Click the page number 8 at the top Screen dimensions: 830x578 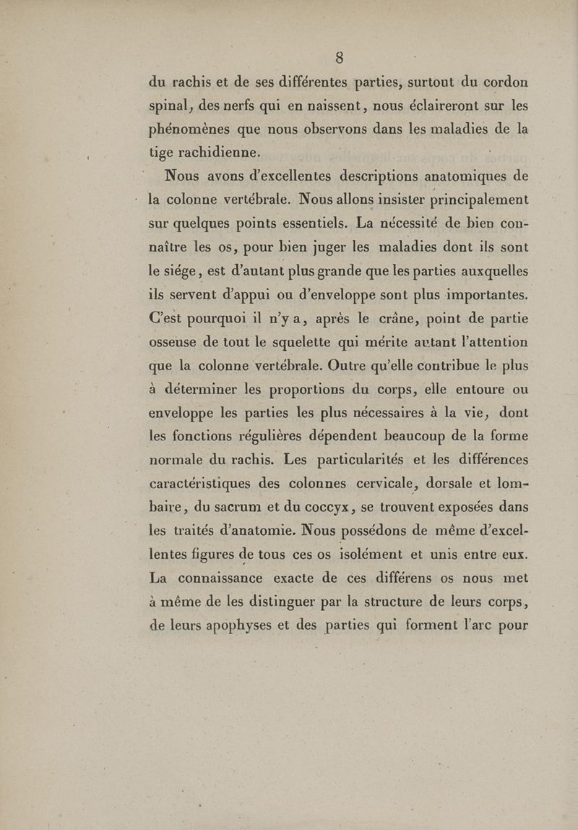pos(338,57)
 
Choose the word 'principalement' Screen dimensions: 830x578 pos(467,200)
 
